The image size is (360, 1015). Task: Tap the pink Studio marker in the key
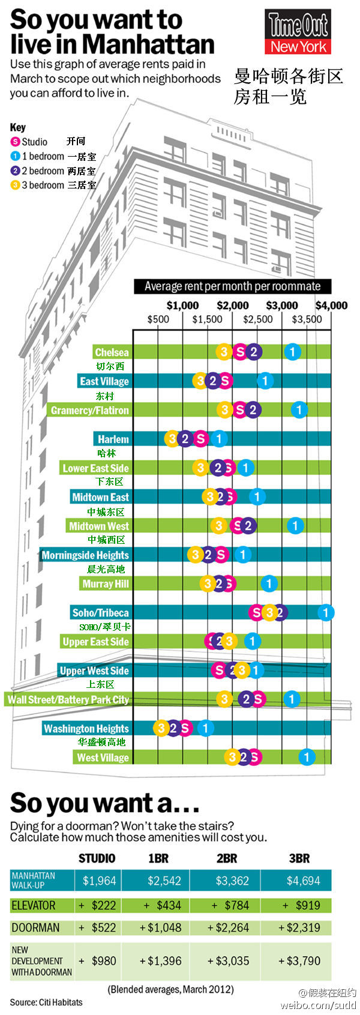[15, 142]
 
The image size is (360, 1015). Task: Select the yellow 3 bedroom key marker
[15, 185]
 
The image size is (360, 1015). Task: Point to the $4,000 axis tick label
[331, 306]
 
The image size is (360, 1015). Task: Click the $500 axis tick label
[158, 319]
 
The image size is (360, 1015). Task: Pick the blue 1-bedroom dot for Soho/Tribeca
[326, 613]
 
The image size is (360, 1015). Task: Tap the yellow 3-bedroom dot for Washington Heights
[161, 729]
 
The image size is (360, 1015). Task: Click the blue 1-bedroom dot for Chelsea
[292, 352]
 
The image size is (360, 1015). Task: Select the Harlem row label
[113, 439]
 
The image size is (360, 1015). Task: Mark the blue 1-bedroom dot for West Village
[307, 757]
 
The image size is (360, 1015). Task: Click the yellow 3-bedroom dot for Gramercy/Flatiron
[225, 410]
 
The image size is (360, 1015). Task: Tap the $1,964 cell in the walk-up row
[99, 881]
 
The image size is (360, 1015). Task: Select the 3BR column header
[299, 858]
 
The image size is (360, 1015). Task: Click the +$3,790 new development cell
[299, 960]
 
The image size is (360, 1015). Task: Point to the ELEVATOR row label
[34, 905]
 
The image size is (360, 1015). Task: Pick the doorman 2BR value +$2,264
[228, 927]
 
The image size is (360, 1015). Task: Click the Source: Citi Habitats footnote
[46, 1002]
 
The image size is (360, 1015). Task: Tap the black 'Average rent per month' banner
[232, 286]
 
